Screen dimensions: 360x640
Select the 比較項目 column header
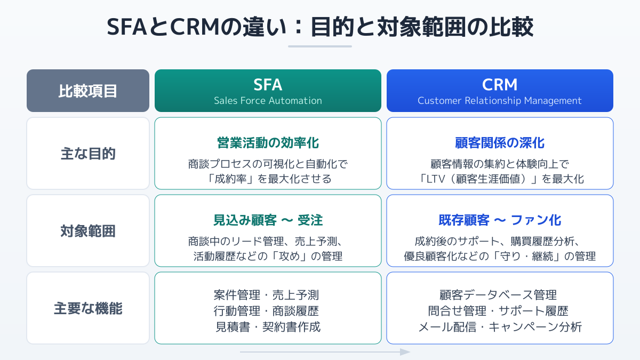click(x=88, y=91)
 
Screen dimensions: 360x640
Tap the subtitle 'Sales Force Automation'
click(x=268, y=101)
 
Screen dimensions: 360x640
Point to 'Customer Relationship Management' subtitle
click(x=500, y=101)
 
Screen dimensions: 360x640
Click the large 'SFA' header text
click(x=268, y=85)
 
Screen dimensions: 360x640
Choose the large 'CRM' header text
click(x=500, y=85)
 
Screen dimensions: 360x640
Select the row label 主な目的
click(x=88, y=154)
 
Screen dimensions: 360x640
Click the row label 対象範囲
click(x=88, y=231)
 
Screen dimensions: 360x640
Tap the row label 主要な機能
click(x=88, y=308)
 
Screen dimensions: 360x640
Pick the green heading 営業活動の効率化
click(x=268, y=143)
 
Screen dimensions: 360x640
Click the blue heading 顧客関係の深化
click(x=500, y=143)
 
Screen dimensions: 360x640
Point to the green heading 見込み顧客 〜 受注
click(x=268, y=220)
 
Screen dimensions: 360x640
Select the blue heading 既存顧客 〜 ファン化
click(x=500, y=220)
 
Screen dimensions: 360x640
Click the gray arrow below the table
click(x=325, y=352)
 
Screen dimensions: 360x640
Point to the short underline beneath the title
click(x=320, y=46)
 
